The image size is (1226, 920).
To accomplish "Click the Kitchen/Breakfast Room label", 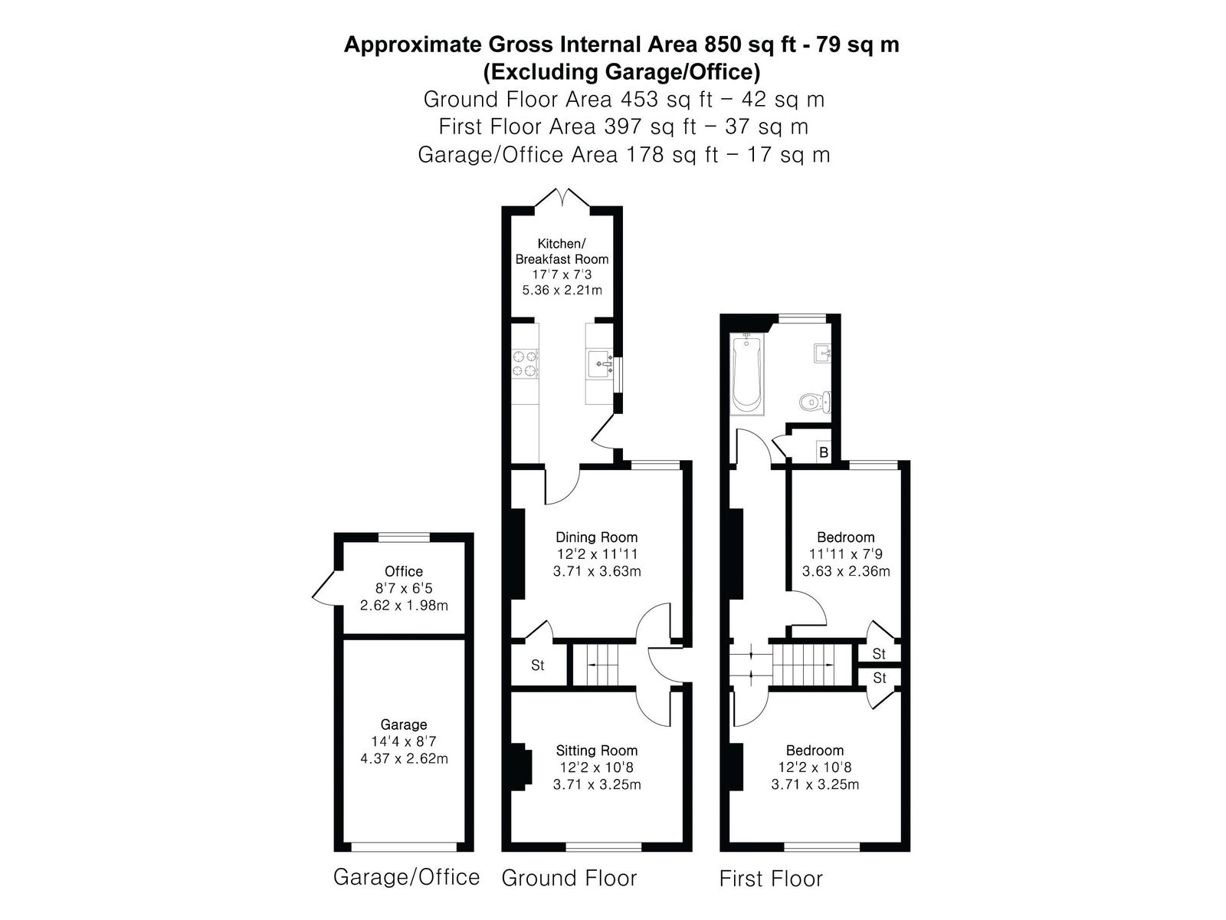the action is coord(562,251).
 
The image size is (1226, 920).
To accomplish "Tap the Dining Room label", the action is coord(596,537).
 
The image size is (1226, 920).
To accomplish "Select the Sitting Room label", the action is coord(596,751).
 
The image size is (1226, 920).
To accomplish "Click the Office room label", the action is coord(404,571).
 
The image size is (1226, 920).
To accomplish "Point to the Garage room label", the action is coord(404,724).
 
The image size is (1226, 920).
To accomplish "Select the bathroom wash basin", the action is coord(822,353).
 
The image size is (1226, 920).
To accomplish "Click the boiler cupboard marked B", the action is coord(823,452).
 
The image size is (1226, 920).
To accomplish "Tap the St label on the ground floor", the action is coord(537,665).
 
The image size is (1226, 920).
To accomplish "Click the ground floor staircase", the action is coord(603,665).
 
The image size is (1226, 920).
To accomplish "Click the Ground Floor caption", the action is coord(569,878).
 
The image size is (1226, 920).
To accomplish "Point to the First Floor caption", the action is coord(771,879).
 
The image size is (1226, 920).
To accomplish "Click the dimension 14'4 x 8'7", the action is coord(404,741).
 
